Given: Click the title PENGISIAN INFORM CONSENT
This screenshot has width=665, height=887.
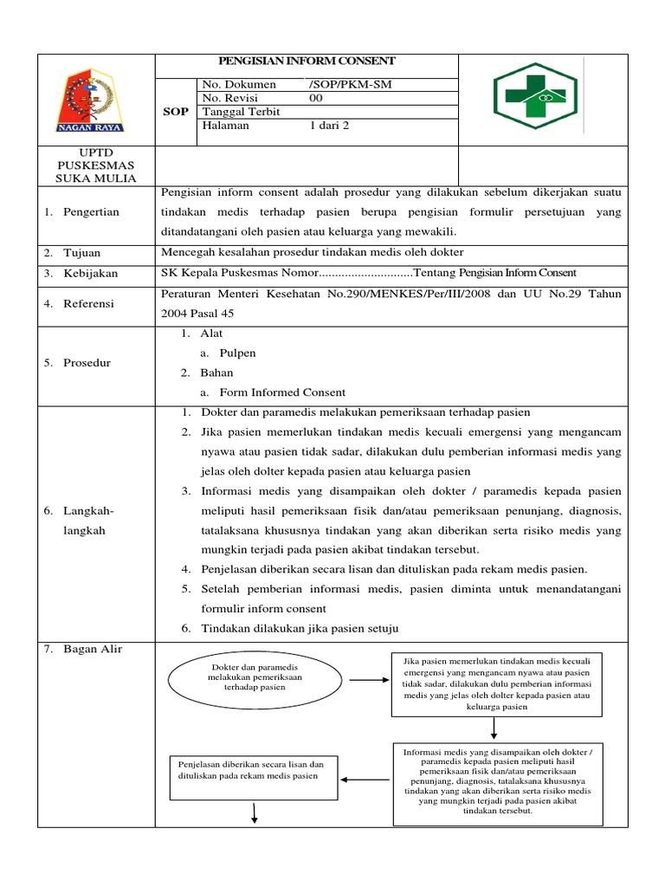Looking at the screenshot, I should click(x=307, y=61).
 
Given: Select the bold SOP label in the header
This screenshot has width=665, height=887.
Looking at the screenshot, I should click(x=176, y=112).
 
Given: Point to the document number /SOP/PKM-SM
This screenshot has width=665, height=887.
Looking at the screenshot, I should click(x=343, y=84).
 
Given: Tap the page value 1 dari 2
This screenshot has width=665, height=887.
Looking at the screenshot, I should click(x=331, y=126).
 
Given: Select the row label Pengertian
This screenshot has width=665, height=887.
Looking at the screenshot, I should click(x=91, y=211).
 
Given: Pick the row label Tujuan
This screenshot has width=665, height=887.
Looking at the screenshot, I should click(x=81, y=253).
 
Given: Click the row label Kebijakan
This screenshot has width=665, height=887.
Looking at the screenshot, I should click(x=90, y=274).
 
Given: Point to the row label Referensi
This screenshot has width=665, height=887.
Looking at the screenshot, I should click(x=91, y=304).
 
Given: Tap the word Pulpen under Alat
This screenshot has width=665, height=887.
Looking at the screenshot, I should click(x=236, y=353).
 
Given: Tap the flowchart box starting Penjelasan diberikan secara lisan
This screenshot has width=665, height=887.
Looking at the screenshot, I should click(x=251, y=770).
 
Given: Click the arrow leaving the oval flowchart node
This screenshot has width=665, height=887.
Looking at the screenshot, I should click(x=368, y=679).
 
